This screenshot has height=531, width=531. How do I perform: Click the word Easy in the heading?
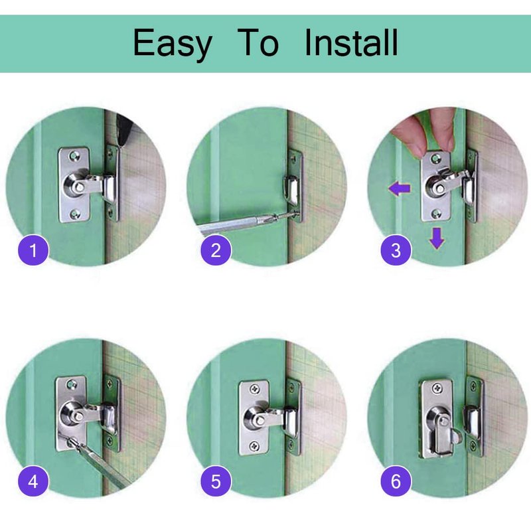click(173, 44)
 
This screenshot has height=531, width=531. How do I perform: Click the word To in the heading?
click(258, 42)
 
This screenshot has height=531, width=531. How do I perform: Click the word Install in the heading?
click(351, 42)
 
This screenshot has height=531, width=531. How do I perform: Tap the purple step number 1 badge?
click(33, 250)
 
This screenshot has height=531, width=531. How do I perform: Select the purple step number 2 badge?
click(216, 250)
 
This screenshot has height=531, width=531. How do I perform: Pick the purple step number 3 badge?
click(396, 250)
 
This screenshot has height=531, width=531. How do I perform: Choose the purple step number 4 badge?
click(33, 481)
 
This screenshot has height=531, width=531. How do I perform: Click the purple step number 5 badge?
click(216, 481)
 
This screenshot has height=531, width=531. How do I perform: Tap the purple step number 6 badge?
click(396, 481)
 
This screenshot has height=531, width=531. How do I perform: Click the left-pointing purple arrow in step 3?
click(400, 189)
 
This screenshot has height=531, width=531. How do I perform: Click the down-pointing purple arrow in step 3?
click(437, 238)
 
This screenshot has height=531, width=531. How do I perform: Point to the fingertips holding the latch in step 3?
click(428, 135)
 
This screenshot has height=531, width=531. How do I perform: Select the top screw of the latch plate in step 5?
click(255, 389)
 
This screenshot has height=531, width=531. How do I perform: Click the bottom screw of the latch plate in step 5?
click(254, 445)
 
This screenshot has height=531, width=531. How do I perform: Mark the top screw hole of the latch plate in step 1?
click(74, 156)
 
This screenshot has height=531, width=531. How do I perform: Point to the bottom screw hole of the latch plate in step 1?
click(74, 214)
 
